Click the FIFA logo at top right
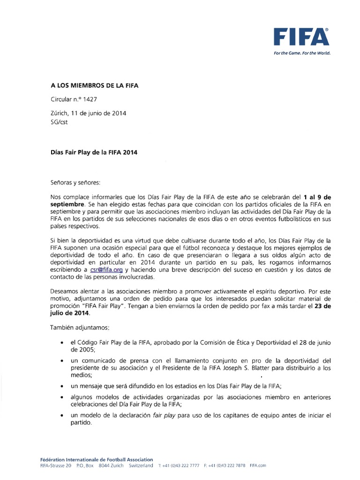pos(302,37)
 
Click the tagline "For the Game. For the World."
pos(302,53)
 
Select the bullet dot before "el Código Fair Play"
pos(62,343)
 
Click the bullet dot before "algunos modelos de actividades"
pos(62,397)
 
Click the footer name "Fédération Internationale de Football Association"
pos(97,460)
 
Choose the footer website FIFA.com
pos(258,466)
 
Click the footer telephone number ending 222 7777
pos(179,466)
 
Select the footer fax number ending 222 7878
pos(225,466)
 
